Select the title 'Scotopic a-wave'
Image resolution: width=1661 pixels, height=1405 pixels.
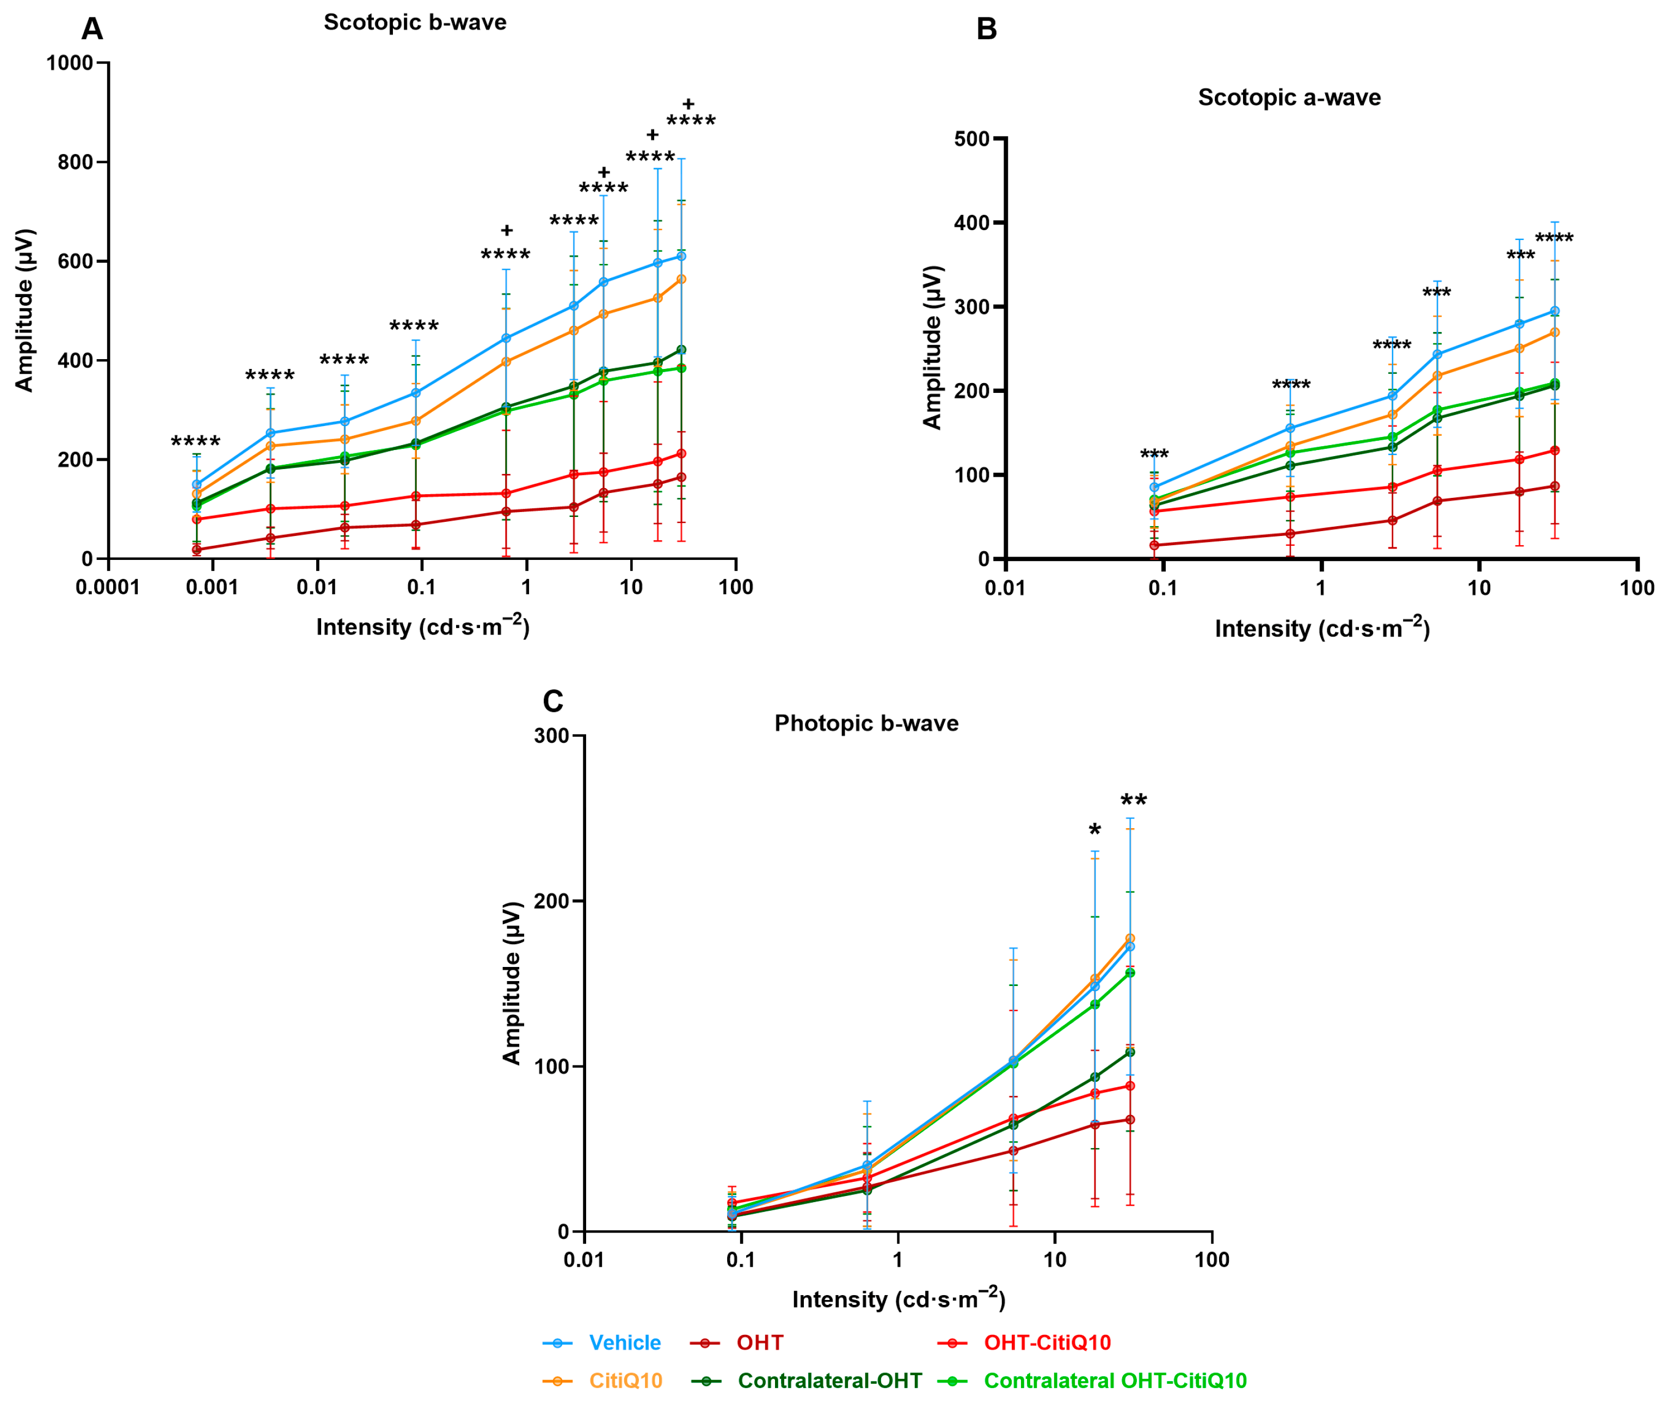click(1288, 98)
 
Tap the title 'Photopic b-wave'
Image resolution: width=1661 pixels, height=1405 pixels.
click(866, 723)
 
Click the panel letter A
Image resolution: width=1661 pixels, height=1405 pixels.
click(93, 29)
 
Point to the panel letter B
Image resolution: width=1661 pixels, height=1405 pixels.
click(986, 29)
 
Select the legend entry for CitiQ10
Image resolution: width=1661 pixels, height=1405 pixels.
click(625, 1381)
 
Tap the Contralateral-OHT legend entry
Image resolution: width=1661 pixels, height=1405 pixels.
click(829, 1381)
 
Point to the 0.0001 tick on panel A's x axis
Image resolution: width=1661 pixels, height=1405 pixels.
click(108, 587)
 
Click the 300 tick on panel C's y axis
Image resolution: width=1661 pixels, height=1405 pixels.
click(551, 736)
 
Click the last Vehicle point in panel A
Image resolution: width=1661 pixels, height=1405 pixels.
click(681, 256)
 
